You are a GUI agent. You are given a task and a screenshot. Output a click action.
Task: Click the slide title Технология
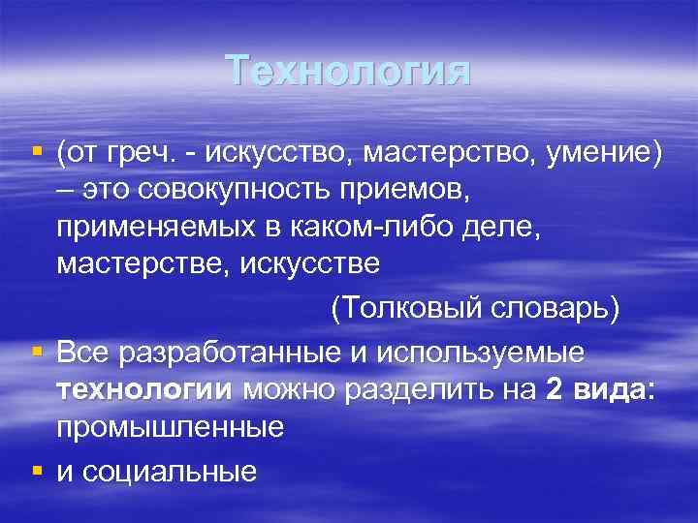coord(349,73)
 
